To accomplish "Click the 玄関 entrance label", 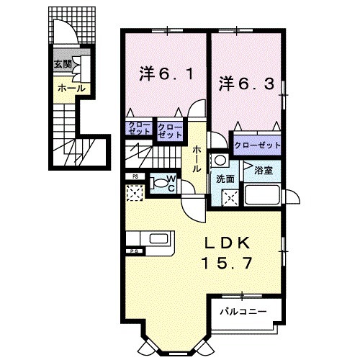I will coord(62,64).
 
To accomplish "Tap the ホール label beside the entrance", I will coord(71,89).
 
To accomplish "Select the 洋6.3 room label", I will coord(247,84).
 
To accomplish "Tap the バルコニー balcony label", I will coord(244,311).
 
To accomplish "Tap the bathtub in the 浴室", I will coord(262,194).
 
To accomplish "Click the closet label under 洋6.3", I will coord(256,145).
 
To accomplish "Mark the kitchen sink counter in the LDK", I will coord(149,239).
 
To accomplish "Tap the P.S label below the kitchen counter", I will coord(133,251).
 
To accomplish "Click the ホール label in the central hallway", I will coord(197,158).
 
